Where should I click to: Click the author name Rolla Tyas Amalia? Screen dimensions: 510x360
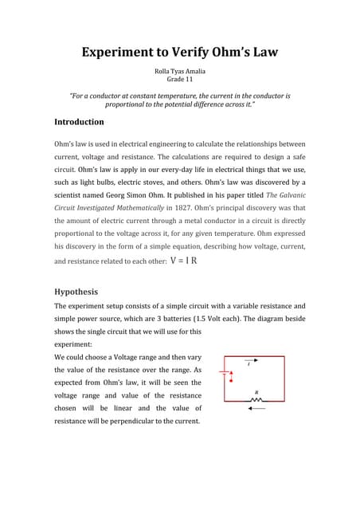pyautogui.click(x=179, y=71)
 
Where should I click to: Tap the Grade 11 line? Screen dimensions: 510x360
pyautogui.click(x=179, y=80)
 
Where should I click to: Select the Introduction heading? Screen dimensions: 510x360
pyautogui.click(x=79, y=122)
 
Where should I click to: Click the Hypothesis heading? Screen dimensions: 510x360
pyautogui.click(x=76, y=292)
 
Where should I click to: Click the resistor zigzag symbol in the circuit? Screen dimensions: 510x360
pyautogui.click(x=256, y=399)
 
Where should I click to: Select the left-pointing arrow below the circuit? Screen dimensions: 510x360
pyautogui.click(x=256, y=409)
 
